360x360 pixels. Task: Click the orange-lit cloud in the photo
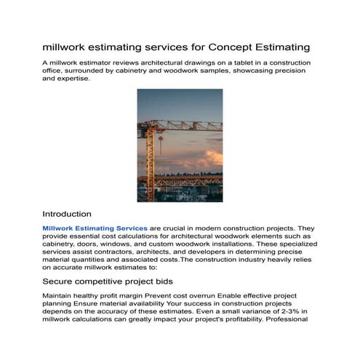coord(211,158)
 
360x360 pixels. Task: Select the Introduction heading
coord(67,215)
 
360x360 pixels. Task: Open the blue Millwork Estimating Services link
coord(95,228)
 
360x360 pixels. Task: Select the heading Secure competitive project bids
coord(105,280)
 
